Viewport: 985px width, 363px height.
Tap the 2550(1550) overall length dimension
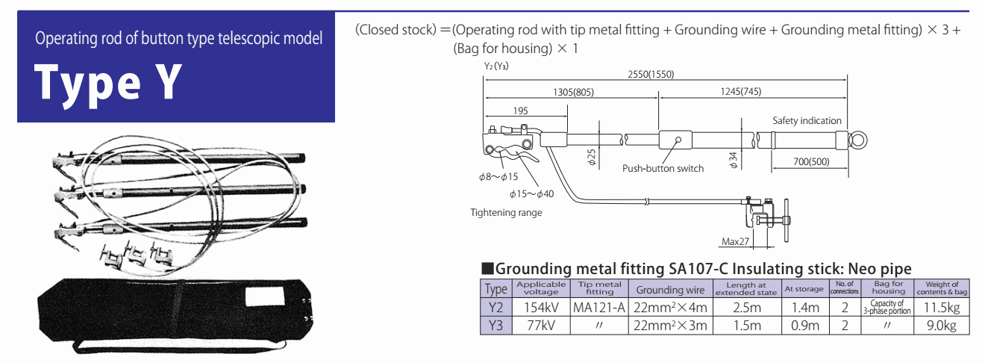coord(651,74)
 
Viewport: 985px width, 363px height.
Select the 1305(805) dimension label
coord(574,92)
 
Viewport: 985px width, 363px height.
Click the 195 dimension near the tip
coord(521,111)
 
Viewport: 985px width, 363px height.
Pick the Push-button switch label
coord(663,169)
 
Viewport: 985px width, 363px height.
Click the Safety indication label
coord(807,120)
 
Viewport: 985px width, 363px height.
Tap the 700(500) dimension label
coord(807,161)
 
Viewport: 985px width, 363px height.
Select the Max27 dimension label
coord(736,241)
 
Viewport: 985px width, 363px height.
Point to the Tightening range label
coord(506,213)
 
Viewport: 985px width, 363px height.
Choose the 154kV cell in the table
coord(541,307)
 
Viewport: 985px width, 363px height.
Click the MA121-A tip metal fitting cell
coord(598,307)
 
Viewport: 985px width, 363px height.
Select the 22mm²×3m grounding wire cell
coord(669,325)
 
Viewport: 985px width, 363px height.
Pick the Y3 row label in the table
coord(495,325)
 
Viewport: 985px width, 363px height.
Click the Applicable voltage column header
coord(541,288)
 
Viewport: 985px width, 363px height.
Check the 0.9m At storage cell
coord(804,325)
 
